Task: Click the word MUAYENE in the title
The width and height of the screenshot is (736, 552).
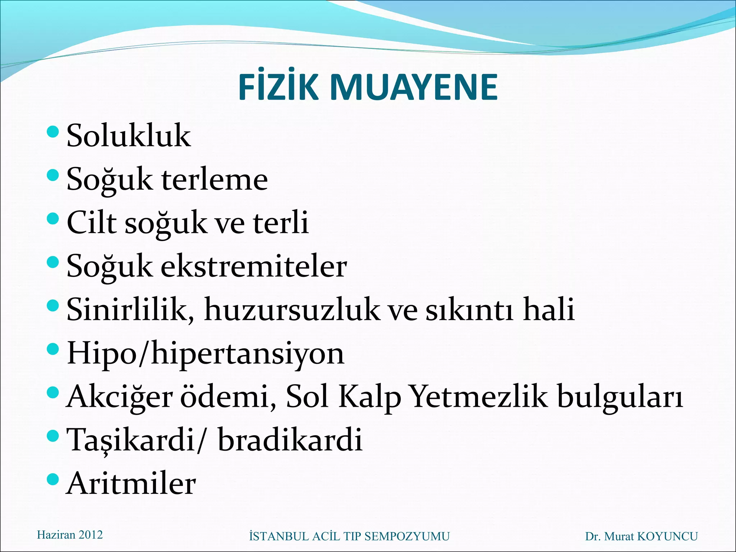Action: pyautogui.click(x=413, y=87)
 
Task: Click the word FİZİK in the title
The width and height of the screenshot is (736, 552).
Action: pyautogui.click(x=278, y=87)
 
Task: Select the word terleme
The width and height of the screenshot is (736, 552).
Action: pyautogui.click(x=215, y=179)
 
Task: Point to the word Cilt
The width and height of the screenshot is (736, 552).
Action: pyautogui.click(x=92, y=222)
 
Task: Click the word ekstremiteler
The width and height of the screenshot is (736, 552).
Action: pyautogui.click(x=253, y=266)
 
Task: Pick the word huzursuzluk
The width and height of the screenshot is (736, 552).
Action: pyautogui.click(x=291, y=309)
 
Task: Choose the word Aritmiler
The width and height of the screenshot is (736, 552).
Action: pyautogui.click(x=132, y=484)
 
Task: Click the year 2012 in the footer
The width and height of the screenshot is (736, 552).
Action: pyautogui.click(x=91, y=535)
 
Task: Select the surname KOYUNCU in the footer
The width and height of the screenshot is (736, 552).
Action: pyautogui.click(x=667, y=537)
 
